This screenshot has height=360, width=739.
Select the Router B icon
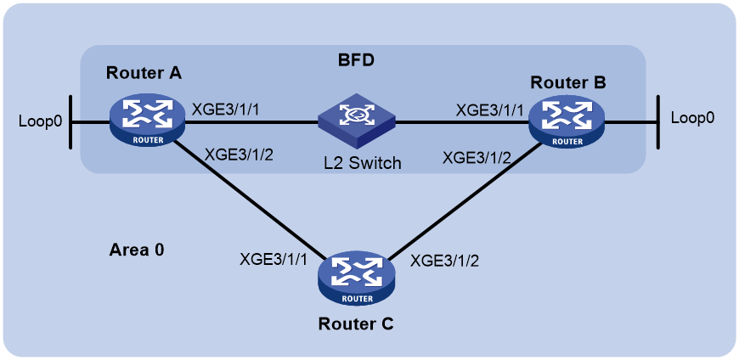pos(566,121)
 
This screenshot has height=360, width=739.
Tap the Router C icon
pos(356,279)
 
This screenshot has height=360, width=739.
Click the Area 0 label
pos(137,250)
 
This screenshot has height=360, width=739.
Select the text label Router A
pos(144,73)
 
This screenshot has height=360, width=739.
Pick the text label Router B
pos(568,82)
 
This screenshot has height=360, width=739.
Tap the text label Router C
pos(356,323)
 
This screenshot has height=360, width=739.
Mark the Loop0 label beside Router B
pos(692,118)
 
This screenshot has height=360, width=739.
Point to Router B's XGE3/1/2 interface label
pos(477,158)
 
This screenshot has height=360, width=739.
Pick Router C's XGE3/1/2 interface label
pos(445,260)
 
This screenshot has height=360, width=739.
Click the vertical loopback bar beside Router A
pos(71,122)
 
